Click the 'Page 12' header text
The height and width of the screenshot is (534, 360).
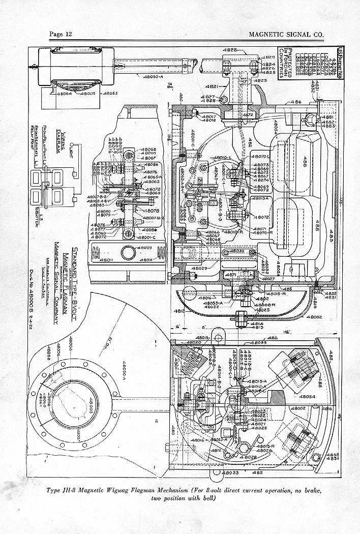pyautogui.click(x=62, y=34)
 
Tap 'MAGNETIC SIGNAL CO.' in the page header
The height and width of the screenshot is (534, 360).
pyautogui.click(x=286, y=34)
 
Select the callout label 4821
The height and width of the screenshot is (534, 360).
pyautogui.click(x=213, y=86)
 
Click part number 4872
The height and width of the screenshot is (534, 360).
pyautogui.click(x=247, y=115)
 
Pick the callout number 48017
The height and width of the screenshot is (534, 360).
pyautogui.click(x=209, y=116)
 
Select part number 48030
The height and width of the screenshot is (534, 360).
pyautogui.click(x=238, y=251)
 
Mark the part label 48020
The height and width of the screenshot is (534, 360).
pyautogui.click(x=195, y=343)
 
